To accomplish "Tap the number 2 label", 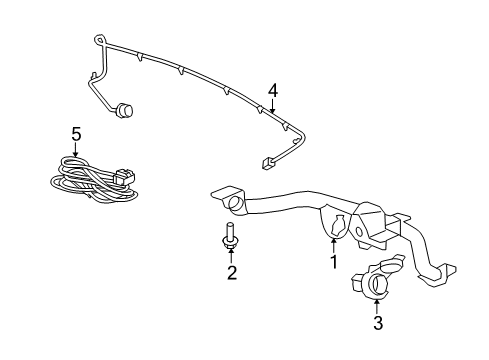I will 231,273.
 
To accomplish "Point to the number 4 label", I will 272,91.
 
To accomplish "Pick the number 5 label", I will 74,132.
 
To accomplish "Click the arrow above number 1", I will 333,243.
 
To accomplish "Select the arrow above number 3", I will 377,304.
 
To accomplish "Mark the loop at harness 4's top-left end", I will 98,39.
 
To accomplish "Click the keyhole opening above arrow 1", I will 334,224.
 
